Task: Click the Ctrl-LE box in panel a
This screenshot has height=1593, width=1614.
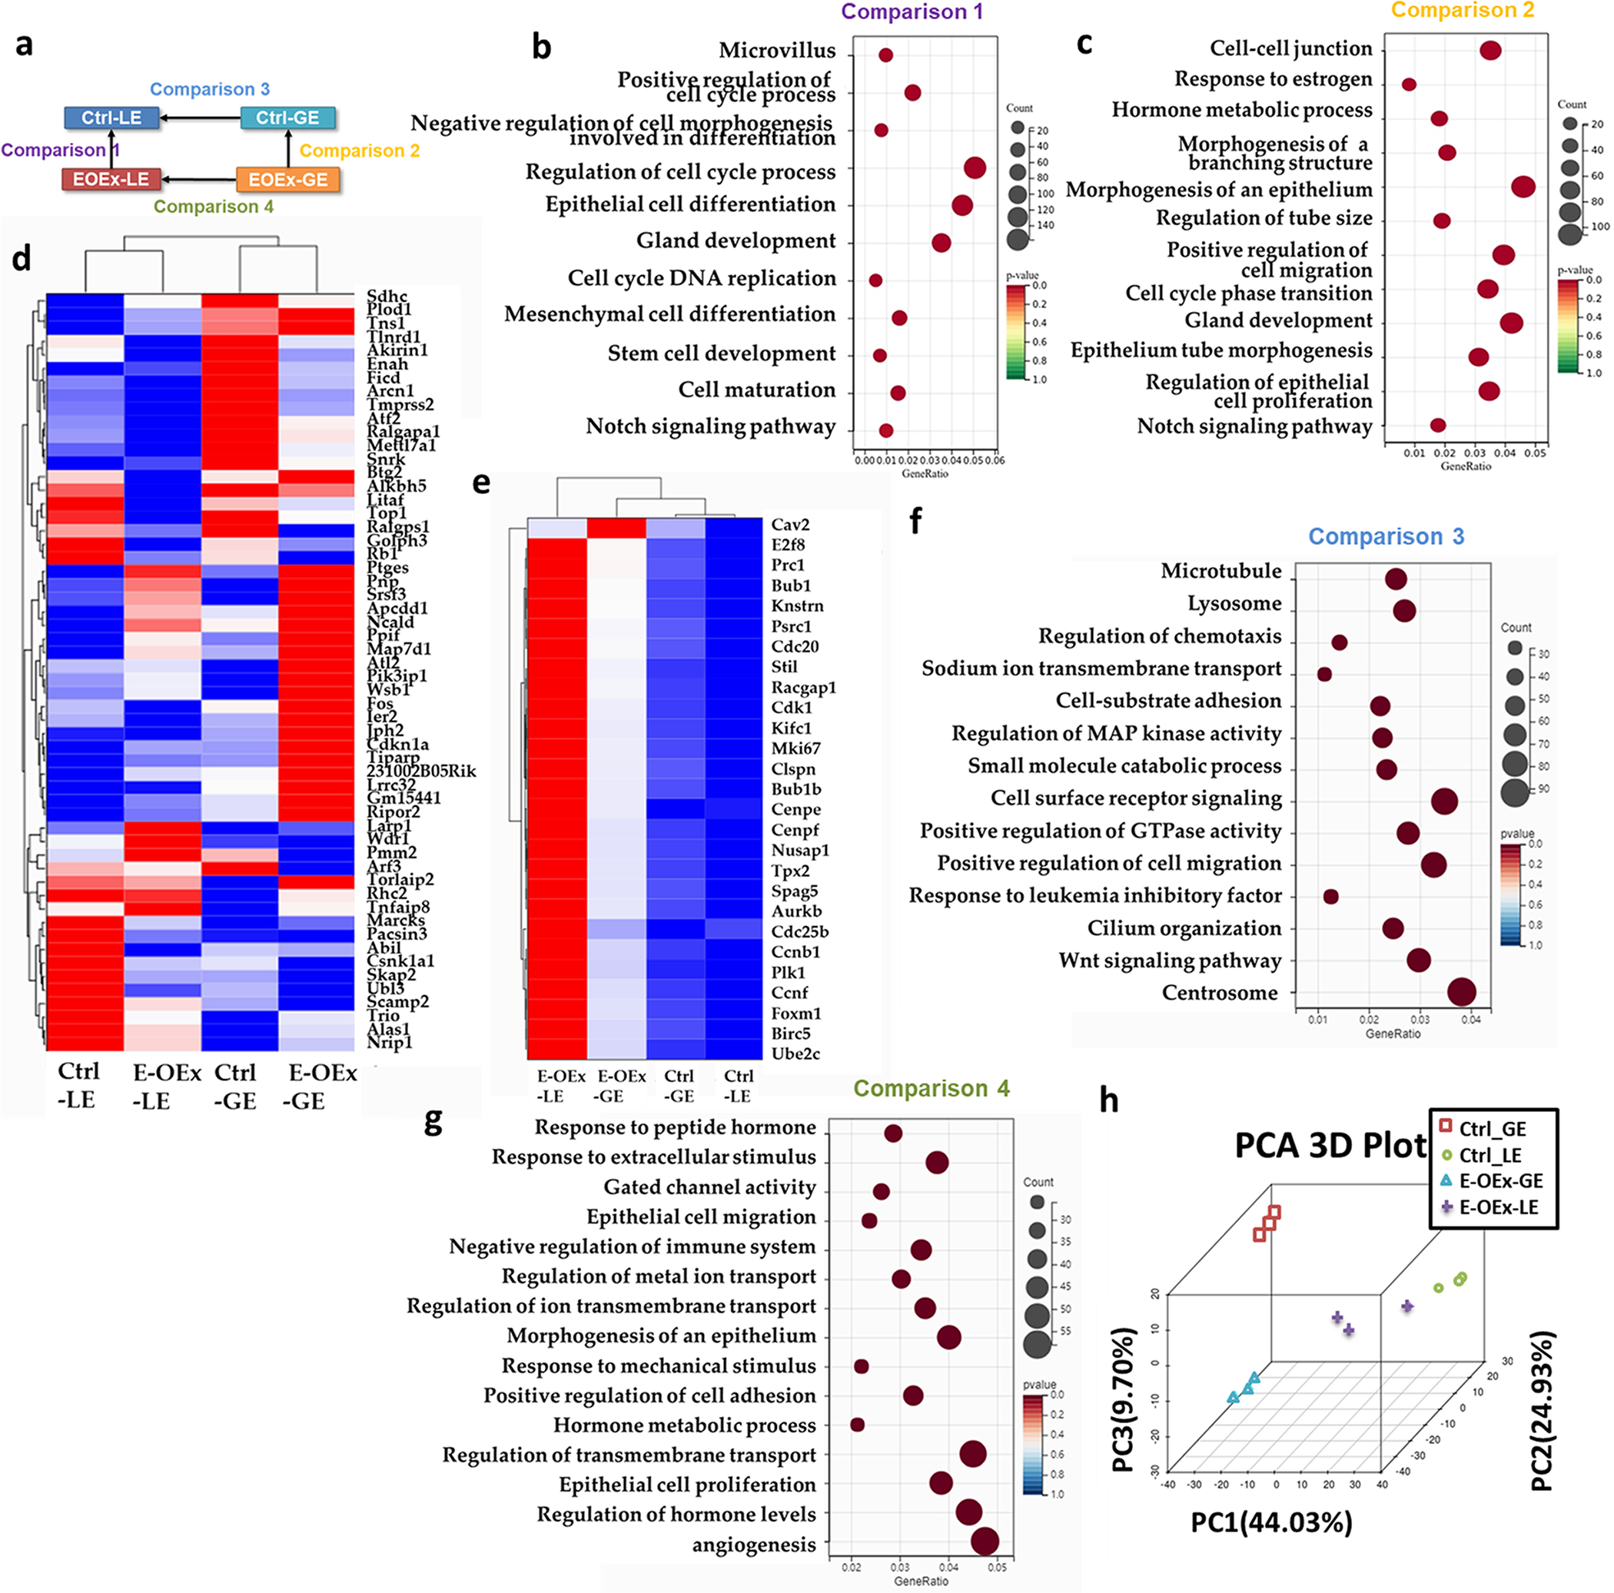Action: pyautogui.click(x=112, y=118)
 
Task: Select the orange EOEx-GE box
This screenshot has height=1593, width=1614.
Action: pyautogui.click(x=287, y=180)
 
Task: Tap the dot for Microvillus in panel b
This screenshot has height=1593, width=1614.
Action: pyautogui.click(x=885, y=55)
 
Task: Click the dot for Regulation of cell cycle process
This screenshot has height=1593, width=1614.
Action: pyautogui.click(x=974, y=168)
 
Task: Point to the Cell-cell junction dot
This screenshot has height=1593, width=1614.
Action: pyautogui.click(x=1490, y=50)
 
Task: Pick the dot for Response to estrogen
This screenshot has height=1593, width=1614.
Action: pyautogui.click(x=1409, y=85)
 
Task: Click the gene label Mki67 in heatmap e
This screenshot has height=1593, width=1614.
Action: pyautogui.click(x=795, y=748)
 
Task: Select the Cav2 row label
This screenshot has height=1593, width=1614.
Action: pyautogui.click(x=789, y=525)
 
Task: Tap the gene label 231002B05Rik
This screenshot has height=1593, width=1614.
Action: pyautogui.click(x=421, y=771)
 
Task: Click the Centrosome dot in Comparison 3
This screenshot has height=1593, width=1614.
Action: pyautogui.click(x=1461, y=992)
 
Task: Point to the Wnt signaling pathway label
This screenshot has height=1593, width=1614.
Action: pyautogui.click(x=1170, y=961)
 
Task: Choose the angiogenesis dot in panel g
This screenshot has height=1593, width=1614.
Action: pyautogui.click(x=985, y=1542)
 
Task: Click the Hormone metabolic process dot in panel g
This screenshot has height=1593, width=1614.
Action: pyautogui.click(x=857, y=1424)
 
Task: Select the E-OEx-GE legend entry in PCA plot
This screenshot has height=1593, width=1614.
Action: pyautogui.click(x=1500, y=1180)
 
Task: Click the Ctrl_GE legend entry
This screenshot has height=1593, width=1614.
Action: pyautogui.click(x=1492, y=1129)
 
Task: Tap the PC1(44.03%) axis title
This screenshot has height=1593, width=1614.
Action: pyautogui.click(x=1270, y=1523)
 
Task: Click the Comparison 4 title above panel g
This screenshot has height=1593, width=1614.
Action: pyautogui.click(x=931, y=1088)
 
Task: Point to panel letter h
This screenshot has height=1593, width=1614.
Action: pyautogui.click(x=1108, y=1101)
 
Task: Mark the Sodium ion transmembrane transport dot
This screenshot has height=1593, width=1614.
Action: pyautogui.click(x=1324, y=674)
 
